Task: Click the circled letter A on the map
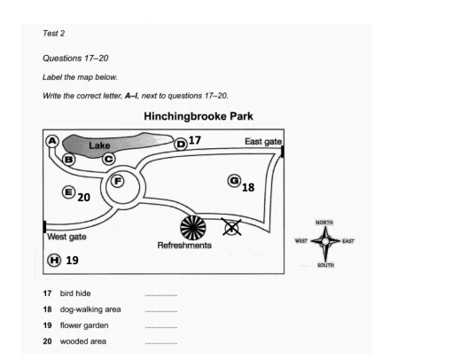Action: [x=52, y=141]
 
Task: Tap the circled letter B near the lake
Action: [x=68, y=159]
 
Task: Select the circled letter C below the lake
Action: [x=108, y=159]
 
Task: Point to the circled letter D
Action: [x=181, y=144]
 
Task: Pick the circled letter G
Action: [x=234, y=180]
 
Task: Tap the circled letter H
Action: [x=54, y=260]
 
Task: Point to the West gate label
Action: [x=66, y=237]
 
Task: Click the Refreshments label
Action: [x=184, y=246]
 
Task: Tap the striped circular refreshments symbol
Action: [x=192, y=227]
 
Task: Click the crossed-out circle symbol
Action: [x=231, y=228]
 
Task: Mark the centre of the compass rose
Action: [x=324, y=239]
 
